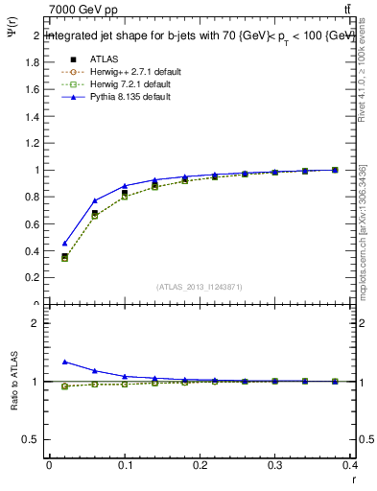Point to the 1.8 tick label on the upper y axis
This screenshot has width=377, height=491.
point(31,62)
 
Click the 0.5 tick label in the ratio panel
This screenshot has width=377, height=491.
point(31,440)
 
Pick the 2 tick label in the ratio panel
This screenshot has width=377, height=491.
point(35,323)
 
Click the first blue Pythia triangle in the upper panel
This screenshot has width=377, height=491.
point(64,244)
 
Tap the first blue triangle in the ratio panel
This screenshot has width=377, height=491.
point(64,362)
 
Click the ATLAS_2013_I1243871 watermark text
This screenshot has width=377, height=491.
point(199,287)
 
